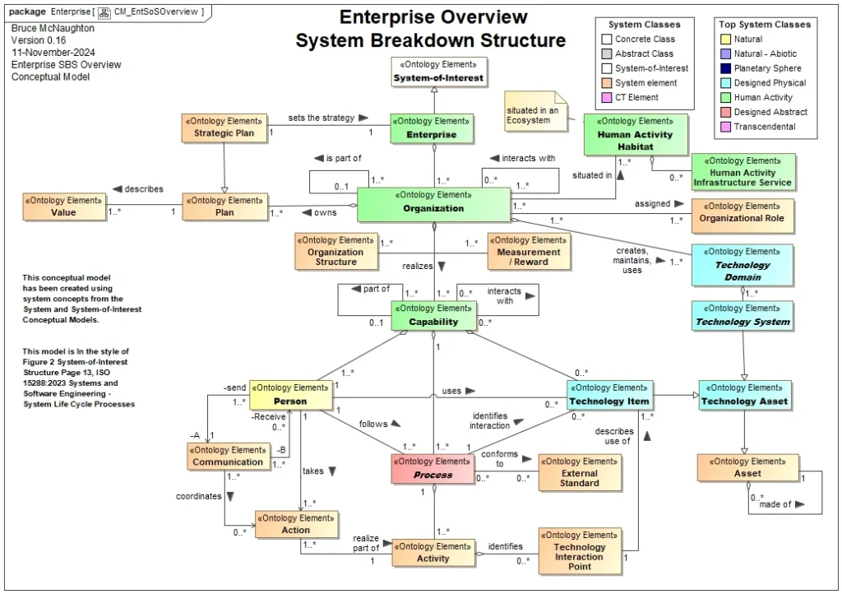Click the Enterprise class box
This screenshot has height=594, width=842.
[x=433, y=128]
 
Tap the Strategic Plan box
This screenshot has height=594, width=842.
[x=224, y=128]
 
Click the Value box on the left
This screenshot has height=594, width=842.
[x=63, y=207]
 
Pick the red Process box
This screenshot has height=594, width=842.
[x=433, y=469]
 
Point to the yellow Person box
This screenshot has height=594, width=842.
[x=290, y=395]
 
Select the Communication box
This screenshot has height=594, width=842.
[x=228, y=457]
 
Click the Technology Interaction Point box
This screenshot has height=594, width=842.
[x=579, y=552]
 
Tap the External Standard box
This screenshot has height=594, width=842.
[x=580, y=472]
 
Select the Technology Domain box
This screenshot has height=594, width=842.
[x=743, y=265]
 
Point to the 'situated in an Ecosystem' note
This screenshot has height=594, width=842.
[x=531, y=115]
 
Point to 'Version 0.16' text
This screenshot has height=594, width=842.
[x=39, y=39]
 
